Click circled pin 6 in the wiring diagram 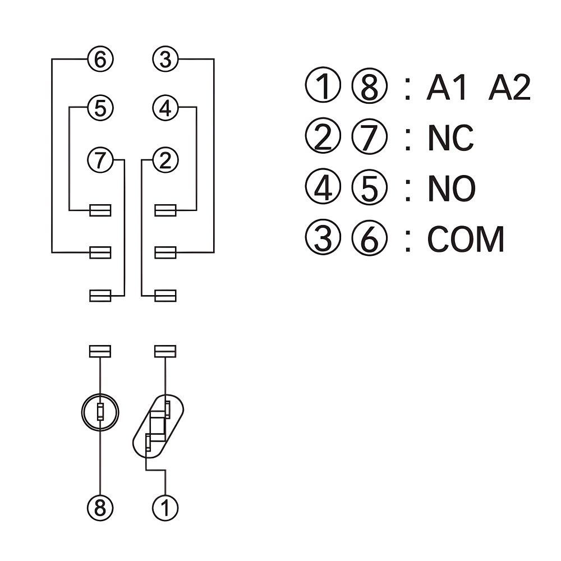click(x=100, y=59)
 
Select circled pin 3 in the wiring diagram click(x=165, y=59)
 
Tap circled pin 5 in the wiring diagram click(x=100, y=108)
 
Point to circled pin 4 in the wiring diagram click(x=165, y=108)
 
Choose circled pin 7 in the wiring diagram click(x=100, y=160)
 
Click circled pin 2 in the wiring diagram click(x=165, y=160)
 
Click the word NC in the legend click(x=450, y=138)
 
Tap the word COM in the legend click(x=466, y=240)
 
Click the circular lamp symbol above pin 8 click(x=100, y=413)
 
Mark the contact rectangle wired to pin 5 click(x=100, y=210)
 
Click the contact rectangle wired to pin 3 click(x=165, y=252)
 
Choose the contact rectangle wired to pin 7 click(x=100, y=295)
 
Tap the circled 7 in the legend click(x=370, y=138)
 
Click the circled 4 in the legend click(x=323, y=188)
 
